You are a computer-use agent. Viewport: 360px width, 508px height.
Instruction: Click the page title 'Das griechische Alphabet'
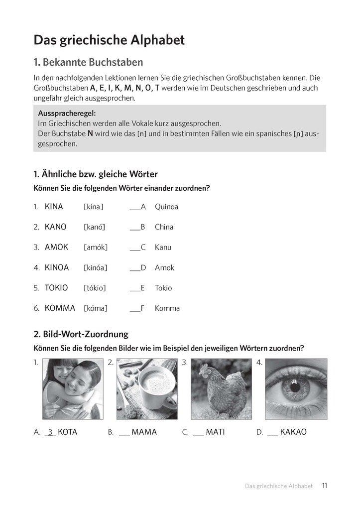click(x=109, y=40)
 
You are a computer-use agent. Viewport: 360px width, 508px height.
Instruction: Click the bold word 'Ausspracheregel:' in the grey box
click(x=67, y=113)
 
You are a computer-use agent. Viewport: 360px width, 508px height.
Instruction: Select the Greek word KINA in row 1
click(x=54, y=207)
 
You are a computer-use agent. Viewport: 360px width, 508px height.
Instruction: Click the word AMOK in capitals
click(x=56, y=247)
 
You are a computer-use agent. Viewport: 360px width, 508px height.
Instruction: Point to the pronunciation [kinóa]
click(x=96, y=268)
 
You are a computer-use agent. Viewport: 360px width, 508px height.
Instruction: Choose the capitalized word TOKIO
click(x=56, y=288)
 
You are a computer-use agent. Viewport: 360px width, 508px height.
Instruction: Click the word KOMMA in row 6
click(x=60, y=308)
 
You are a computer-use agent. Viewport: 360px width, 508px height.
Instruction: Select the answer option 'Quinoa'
click(x=166, y=207)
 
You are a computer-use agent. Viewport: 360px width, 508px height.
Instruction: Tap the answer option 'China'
click(x=164, y=227)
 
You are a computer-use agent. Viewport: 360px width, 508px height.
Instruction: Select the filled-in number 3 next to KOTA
click(x=50, y=432)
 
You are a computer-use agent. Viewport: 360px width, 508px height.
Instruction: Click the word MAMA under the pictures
click(x=144, y=432)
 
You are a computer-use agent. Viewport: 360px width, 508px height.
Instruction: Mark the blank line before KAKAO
click(x=272, y=433)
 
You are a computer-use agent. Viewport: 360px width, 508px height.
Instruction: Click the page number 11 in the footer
click(x=324, y=486)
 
